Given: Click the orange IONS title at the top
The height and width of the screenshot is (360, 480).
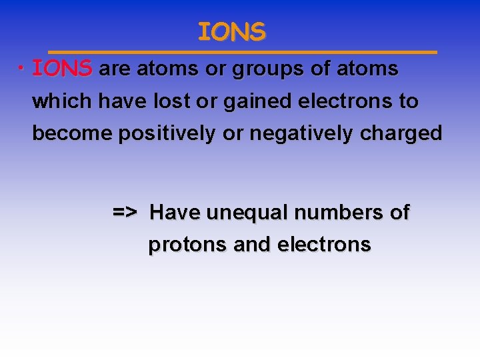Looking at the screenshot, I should pyautogui.click(x=231, y=31).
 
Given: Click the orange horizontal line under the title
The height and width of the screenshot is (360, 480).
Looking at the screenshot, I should pyautogui.click(x=243, y=51).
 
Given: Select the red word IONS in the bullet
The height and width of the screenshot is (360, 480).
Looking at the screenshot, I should pyautogui.click(x=63, y=69).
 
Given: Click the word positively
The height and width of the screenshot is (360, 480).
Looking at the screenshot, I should pyautogui.click(x=167, y=134).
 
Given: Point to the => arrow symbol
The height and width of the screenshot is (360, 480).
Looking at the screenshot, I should pyautogui.click(x=125, y=213).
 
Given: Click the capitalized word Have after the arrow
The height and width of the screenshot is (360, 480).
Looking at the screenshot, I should pyautogui.click(x=175, y=213).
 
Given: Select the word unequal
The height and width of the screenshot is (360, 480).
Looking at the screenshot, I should pyautogui.click(x=247, y=213).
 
